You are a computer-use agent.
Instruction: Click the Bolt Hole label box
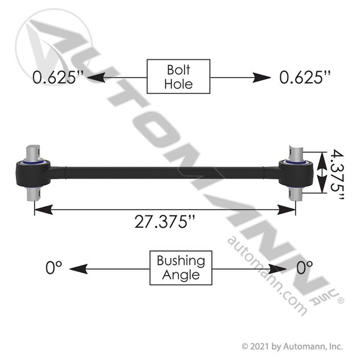(178, 76)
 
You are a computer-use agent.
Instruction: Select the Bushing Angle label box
(181, 268)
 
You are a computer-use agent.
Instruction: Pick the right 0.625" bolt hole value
(305, 77)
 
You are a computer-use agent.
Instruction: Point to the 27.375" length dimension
(165, 222)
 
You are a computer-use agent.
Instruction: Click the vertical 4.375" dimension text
(337, 174)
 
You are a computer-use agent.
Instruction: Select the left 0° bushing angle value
(54, 268)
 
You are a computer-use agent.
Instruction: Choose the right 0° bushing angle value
(304, 268)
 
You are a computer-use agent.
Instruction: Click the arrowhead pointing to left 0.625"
(96, 77)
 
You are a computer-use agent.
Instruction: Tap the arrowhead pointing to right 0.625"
(261, 77)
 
